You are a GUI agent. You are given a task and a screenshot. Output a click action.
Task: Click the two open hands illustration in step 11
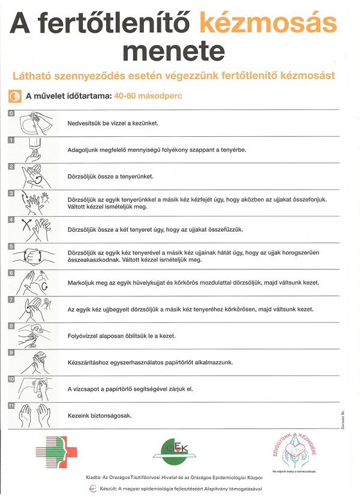(34, 415)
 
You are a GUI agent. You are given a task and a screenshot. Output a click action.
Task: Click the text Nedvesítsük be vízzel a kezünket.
(113, 123)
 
